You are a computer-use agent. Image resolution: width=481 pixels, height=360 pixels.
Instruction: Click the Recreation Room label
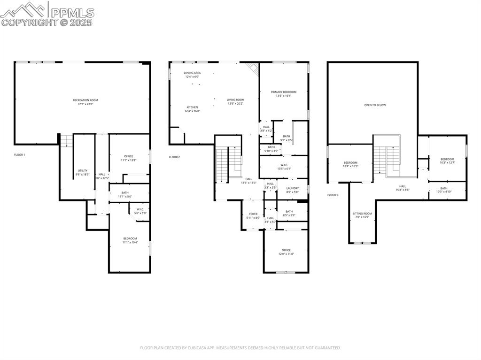coord(85,100)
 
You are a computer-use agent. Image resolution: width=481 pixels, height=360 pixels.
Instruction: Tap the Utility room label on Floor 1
coord(83,170)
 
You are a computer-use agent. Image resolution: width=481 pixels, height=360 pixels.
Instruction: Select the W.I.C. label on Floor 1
coord(140,209)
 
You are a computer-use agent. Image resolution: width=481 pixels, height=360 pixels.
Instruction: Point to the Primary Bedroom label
coord(283,92)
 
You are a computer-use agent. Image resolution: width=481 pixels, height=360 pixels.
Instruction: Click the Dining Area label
coord(192,73)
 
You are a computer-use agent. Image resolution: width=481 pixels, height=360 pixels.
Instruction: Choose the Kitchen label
coord(192,107)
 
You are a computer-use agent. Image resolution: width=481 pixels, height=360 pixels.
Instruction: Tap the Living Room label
coord(236,100)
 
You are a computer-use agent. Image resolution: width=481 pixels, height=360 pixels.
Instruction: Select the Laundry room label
coord(292,188)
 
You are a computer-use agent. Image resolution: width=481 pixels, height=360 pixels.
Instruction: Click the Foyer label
coord(253,214)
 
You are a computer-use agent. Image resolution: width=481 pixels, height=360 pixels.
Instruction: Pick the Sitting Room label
coord(362,214)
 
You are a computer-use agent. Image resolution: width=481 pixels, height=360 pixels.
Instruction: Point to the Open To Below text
coord(375,105)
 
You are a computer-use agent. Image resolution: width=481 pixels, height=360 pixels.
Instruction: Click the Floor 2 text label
coord(174,157)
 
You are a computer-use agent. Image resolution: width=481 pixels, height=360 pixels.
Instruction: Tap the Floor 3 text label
coord(333,194)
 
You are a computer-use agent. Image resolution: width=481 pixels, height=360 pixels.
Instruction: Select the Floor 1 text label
coord(19,154)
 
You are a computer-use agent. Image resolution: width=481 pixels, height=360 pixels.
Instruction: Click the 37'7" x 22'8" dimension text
coord(85,104)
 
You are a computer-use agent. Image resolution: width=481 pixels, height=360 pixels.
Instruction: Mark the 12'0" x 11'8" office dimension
coord(286,254)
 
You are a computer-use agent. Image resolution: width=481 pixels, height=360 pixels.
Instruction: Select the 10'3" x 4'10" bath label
coord(444,192)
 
